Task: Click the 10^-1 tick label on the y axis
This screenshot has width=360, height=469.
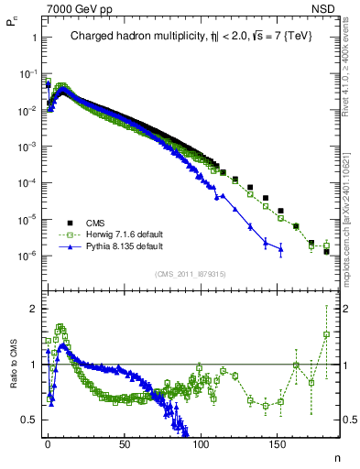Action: [x=27, y=74]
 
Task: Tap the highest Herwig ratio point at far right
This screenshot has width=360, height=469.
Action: [x=326, y=334]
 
